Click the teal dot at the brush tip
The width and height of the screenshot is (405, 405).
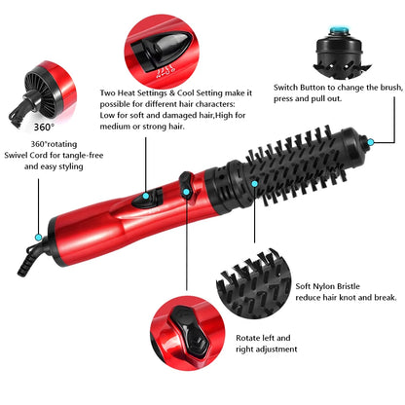pyautogui.click(x=370, y=142)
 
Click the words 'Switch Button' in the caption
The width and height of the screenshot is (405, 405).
pyautogui.click(x=301, y=87)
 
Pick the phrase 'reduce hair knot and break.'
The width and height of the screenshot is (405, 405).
pyautogui.click(x=345, y=298)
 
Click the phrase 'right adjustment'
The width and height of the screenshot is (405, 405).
pyautogui.click(x=266, y=349)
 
